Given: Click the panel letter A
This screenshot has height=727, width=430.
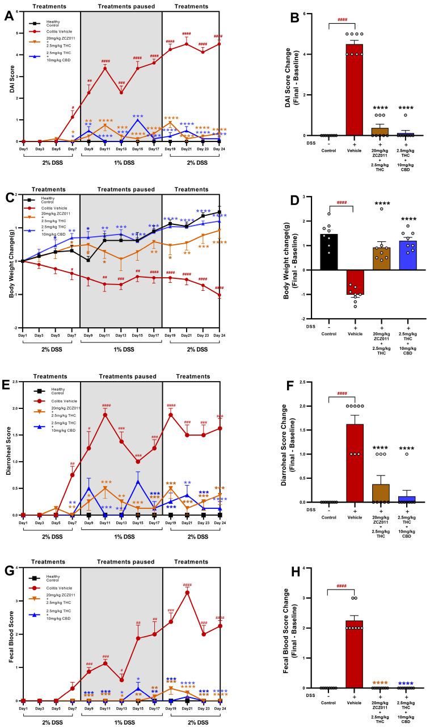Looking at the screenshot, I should pyautogui.click(x=10, y=16).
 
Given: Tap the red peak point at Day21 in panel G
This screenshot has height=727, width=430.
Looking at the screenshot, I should pyautogui.click(x=187, y=592).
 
